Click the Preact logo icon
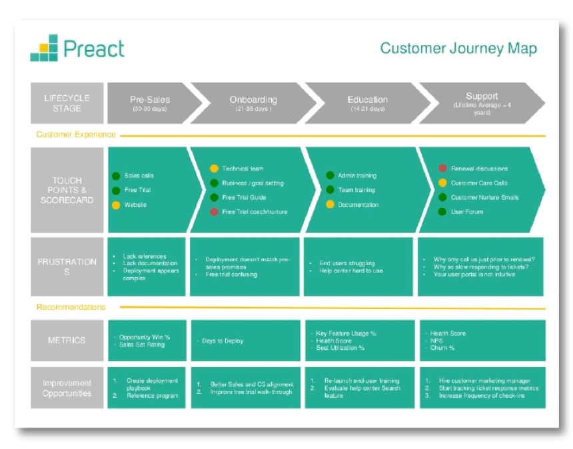[44, 48]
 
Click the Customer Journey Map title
[458, 49]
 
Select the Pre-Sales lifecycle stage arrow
[151, 103]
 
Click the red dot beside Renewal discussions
[442, 169]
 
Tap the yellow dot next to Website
[116, 205]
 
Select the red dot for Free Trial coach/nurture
[214, 212]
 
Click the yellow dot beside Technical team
[214, 169]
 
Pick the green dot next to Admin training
[330, 176]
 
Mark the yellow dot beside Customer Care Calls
[442, 183]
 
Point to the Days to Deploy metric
[223, 341]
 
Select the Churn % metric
[442, 348]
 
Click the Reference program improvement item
[152, 396]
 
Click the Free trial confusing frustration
[231, 274]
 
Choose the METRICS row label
[67, 340]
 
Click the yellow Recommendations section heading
[71, 307]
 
